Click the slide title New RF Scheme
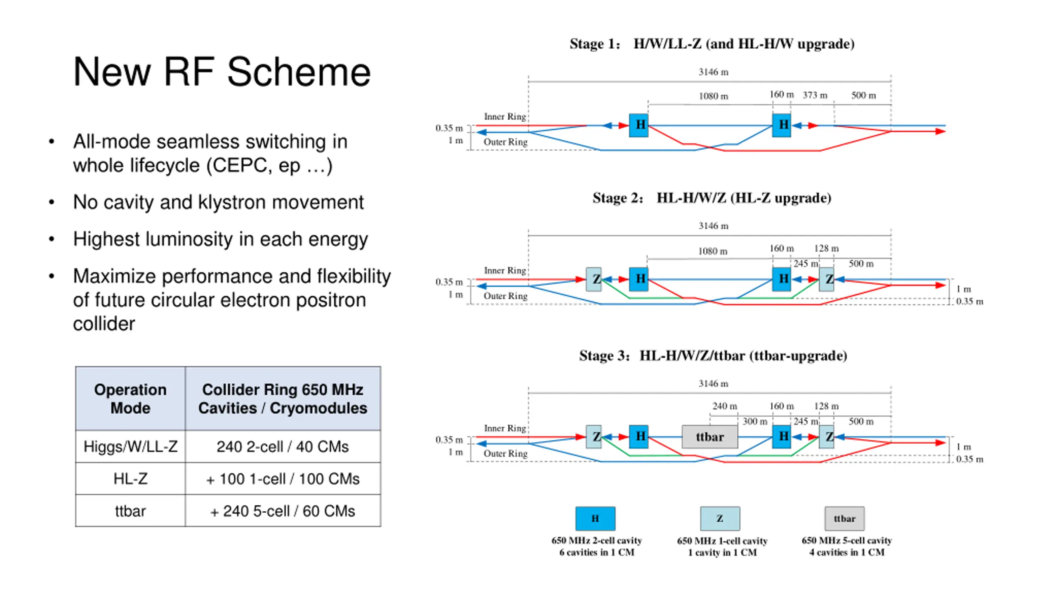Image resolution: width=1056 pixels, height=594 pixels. [x=222, y=72]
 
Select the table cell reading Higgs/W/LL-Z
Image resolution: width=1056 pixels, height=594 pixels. [x=130, y=446]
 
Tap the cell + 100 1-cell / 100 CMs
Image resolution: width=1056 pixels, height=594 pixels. [x=283, y=478]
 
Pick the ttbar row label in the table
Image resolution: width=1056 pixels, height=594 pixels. [x=130, y=511]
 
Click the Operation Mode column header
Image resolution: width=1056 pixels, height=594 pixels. [x=130, y=398]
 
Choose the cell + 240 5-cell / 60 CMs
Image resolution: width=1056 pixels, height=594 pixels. [x=283, y=511]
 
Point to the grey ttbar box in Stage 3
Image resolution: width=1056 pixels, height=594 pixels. [x=709, y=436]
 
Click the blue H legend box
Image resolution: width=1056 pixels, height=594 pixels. [x=595, y=519]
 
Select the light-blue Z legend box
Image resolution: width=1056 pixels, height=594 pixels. [x=720, y=519]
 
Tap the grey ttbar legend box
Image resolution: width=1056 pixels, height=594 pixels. [x=844, y=519]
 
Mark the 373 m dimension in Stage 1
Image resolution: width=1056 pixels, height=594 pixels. [x=815, y=95]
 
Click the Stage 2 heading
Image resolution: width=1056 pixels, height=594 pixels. [x=712, y=198]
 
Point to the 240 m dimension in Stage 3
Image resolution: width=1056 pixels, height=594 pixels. [x=724, y=406]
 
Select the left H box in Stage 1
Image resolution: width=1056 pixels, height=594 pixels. [x=639, y=125]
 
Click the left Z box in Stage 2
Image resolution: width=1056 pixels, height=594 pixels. [x=594, y=279]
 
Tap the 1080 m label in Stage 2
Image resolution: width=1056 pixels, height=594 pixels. [x=713, y=251]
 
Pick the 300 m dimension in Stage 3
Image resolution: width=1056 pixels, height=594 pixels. [x=755, y=421]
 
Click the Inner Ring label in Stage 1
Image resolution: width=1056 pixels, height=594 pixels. [x=505, y=116]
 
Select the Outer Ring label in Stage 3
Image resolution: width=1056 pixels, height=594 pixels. [x=506, y=453]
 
